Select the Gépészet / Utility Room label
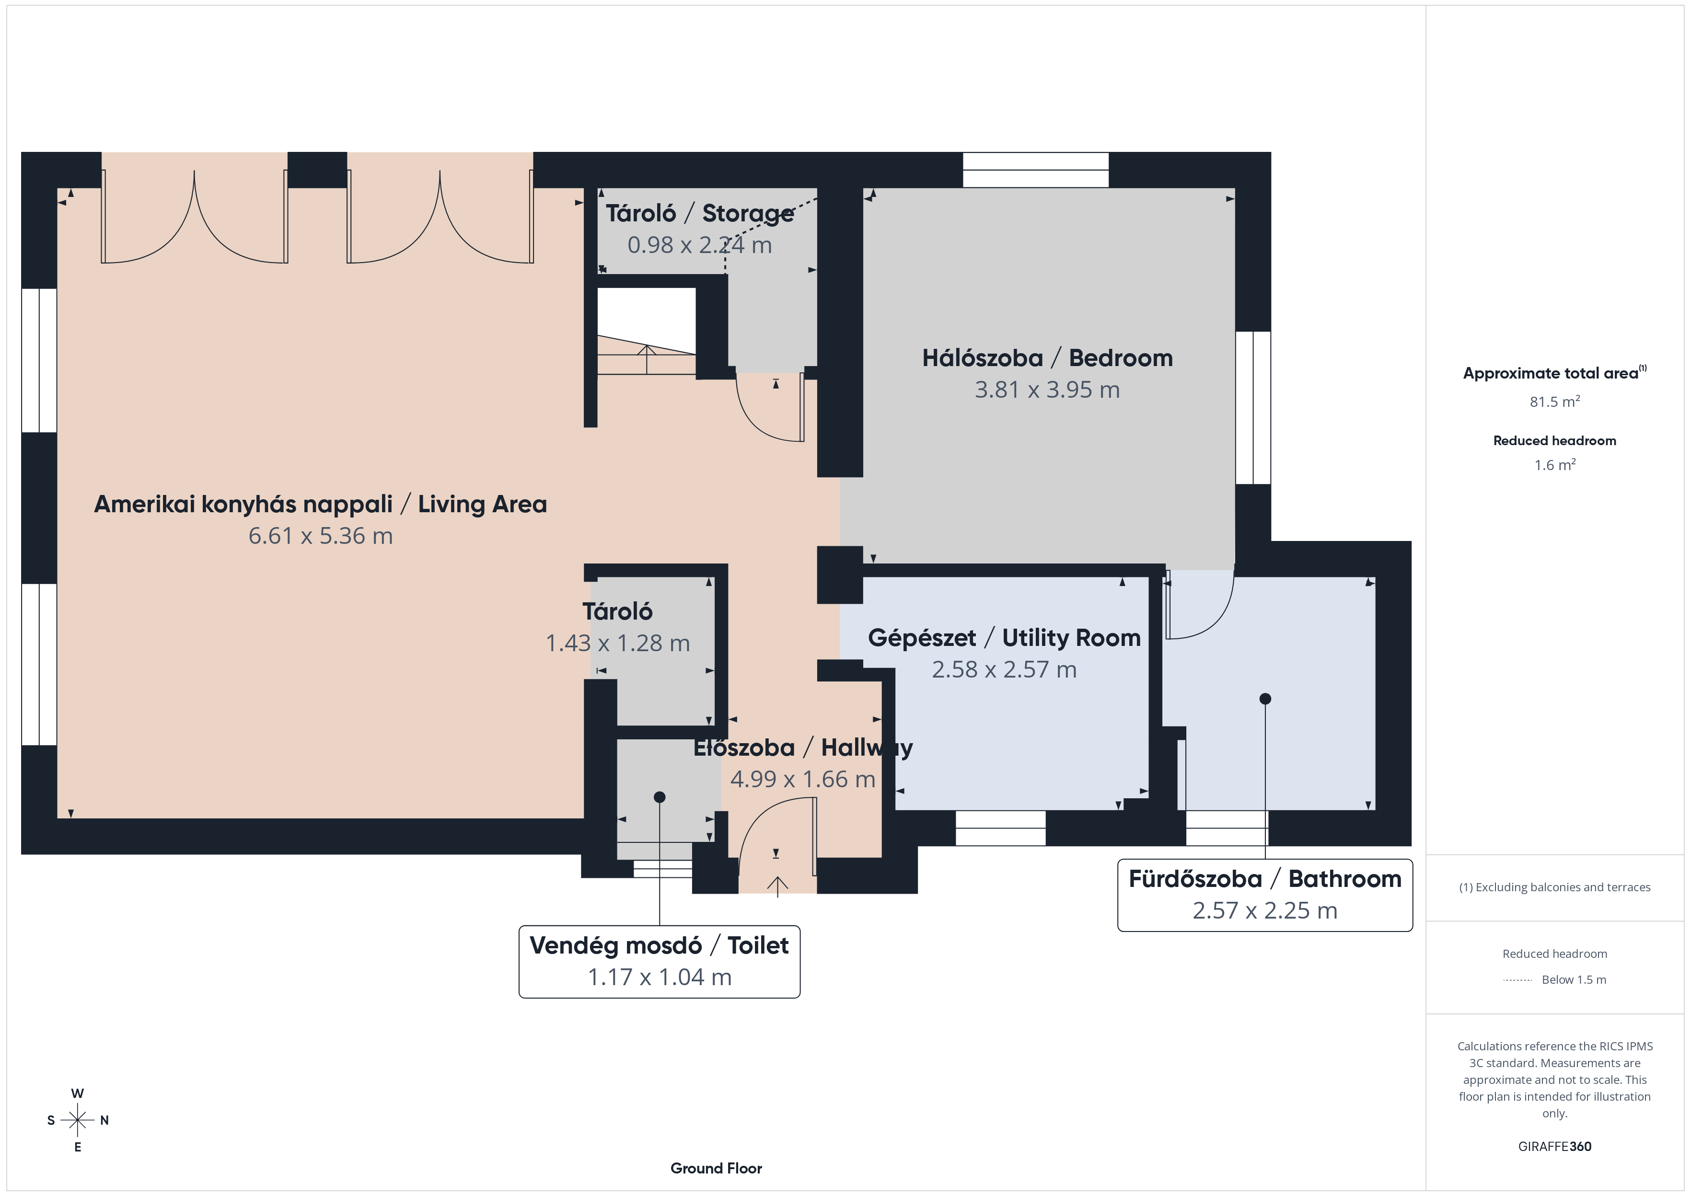(1004, 638)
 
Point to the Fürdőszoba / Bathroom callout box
(1264, 895)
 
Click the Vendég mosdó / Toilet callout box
(659, 962)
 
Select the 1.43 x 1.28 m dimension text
(617, 643)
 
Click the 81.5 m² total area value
(1554, 402)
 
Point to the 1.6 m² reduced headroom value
(1554, 465)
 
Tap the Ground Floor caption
(716, 1168)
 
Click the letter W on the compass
(77, 1093)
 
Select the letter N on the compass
(104, 1120)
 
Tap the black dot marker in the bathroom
(1264, 699)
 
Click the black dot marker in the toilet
(659, 797)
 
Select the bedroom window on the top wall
(1035, 170)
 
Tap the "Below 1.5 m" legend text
(1574, 979)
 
